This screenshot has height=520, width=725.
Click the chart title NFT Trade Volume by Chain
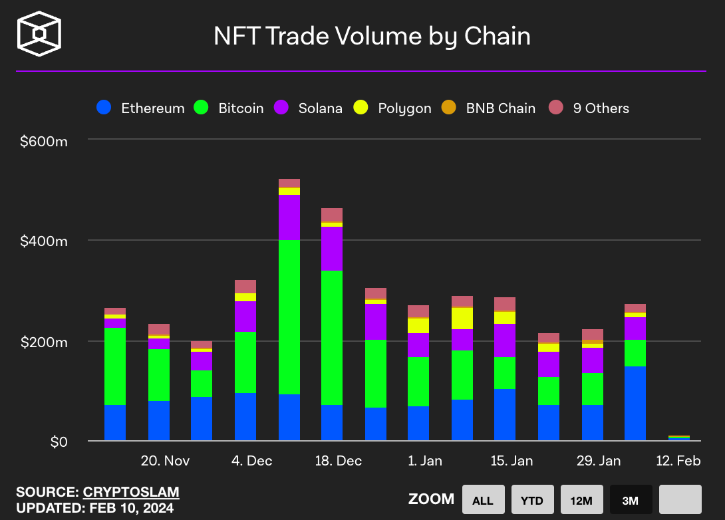372,36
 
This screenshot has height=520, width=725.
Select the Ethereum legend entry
140,108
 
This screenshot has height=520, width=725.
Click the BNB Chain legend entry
488,108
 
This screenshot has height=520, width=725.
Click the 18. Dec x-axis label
339,461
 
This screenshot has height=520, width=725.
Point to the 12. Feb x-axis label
678,461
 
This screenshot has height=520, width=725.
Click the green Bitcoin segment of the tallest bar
289,317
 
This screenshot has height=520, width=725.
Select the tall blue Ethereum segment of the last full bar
635,404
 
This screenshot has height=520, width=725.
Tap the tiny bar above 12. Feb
678,438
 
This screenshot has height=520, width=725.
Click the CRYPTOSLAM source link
131,492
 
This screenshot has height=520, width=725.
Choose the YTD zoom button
532,499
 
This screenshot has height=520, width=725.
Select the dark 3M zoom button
631,499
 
